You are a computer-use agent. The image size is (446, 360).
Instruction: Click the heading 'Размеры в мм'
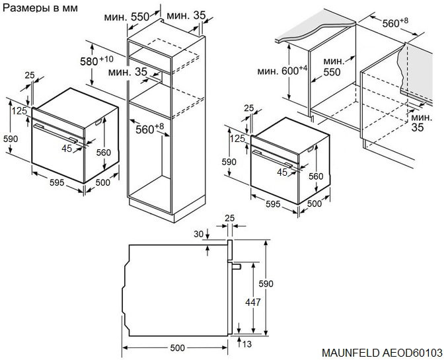click(40, 8)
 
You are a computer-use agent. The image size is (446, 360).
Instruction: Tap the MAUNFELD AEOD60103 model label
click(383, 353)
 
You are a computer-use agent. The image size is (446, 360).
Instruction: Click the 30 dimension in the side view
click(198, 234)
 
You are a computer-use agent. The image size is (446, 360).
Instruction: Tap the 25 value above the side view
click(229, 218)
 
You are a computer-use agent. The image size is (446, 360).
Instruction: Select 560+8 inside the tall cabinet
click(150, 129)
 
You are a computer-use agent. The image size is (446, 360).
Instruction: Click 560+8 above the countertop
click(395, 23)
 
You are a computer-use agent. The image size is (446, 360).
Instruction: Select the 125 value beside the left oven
click(20, 111)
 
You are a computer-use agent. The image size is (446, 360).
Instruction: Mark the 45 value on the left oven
click(66, 149)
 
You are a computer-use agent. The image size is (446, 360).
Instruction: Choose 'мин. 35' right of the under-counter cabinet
click(418, 122)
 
